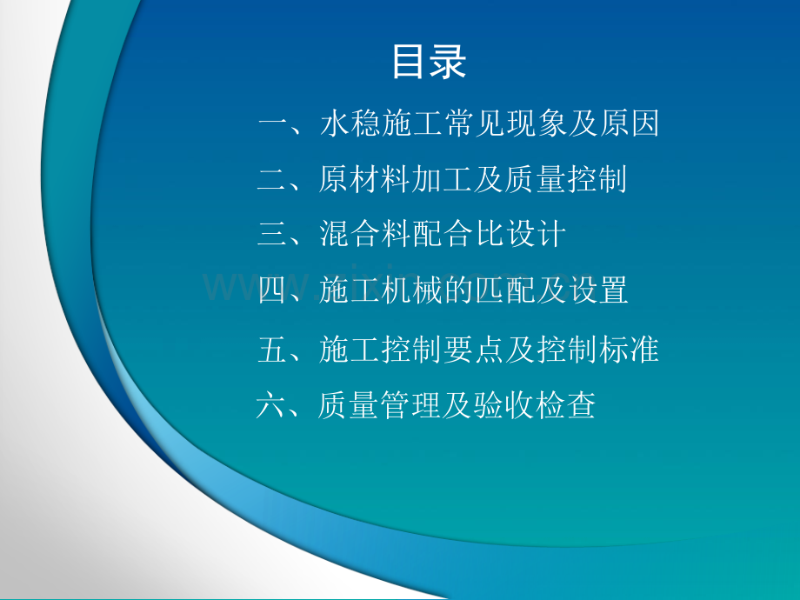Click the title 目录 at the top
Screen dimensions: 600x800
(430, 63)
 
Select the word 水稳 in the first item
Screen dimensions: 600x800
(350, 124)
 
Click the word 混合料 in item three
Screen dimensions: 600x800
(365, 234)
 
